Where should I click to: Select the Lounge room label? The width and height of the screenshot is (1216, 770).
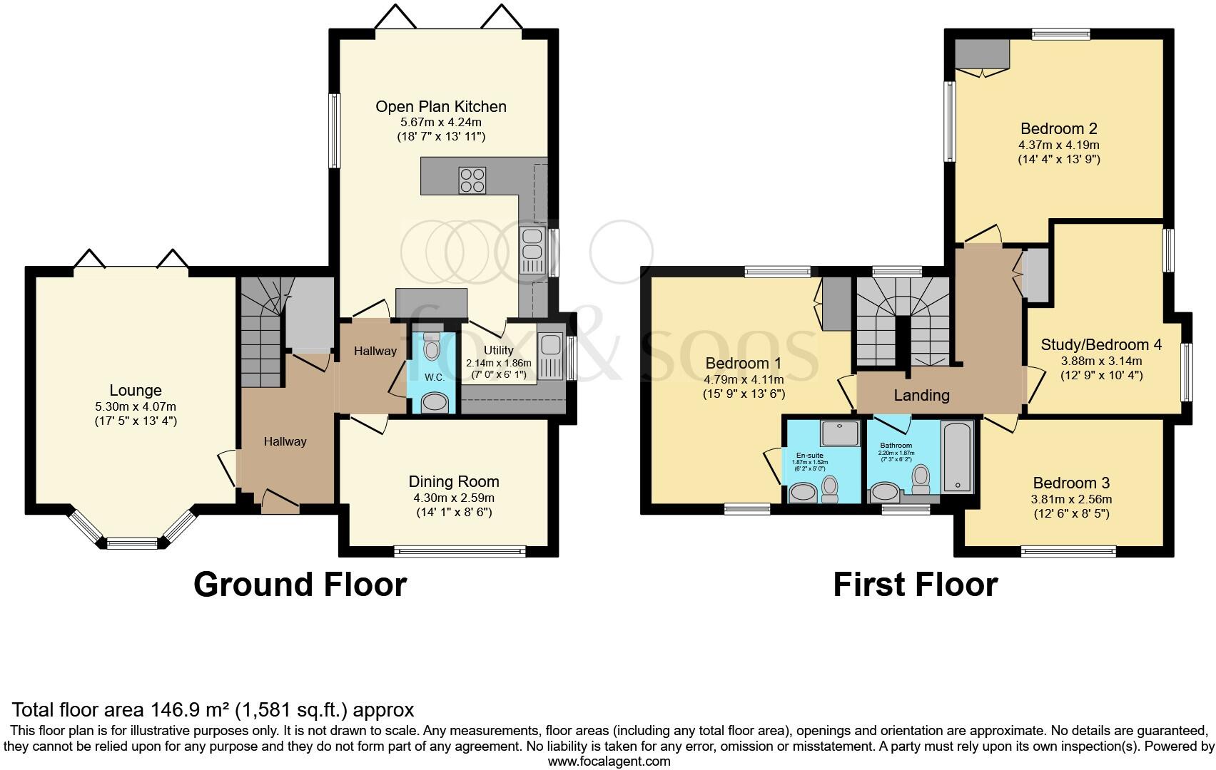coord(136,390)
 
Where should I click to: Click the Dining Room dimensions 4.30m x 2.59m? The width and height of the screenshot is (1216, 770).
coord(454,498)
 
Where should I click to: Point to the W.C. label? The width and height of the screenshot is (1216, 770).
coord(435,377)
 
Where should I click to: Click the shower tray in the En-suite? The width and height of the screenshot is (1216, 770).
coord(838,433)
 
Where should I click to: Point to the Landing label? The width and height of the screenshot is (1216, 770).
coord(921,395)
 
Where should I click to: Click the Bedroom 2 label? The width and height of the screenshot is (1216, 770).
coord(1058,129)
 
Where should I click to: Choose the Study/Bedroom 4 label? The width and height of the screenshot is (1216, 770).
coord(1101,345)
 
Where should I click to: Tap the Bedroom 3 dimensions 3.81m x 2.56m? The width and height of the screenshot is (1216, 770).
coord(1072,499)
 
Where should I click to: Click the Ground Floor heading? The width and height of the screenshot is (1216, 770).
coord(300,584)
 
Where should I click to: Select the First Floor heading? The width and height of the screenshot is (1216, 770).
coord(915,584)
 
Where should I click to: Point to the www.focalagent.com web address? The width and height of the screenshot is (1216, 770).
coord(609,761)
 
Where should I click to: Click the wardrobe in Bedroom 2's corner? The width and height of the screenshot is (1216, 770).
coord(983,53)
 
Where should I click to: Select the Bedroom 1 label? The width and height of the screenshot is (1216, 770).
coord(744,363)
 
